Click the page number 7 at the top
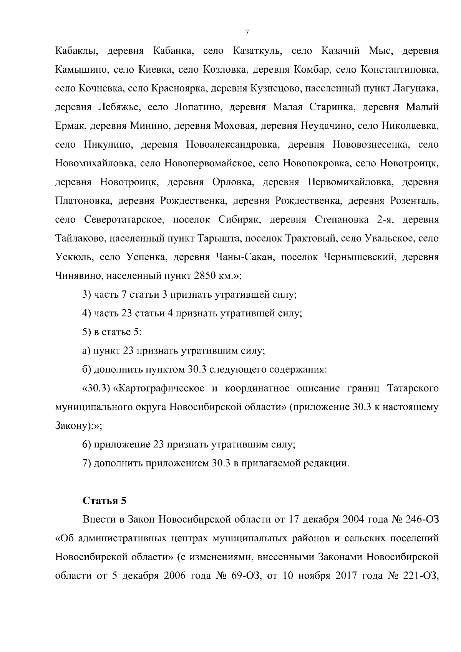tap(247, 33)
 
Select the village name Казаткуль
tap(258, 51)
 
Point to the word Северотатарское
tap(124, 219)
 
